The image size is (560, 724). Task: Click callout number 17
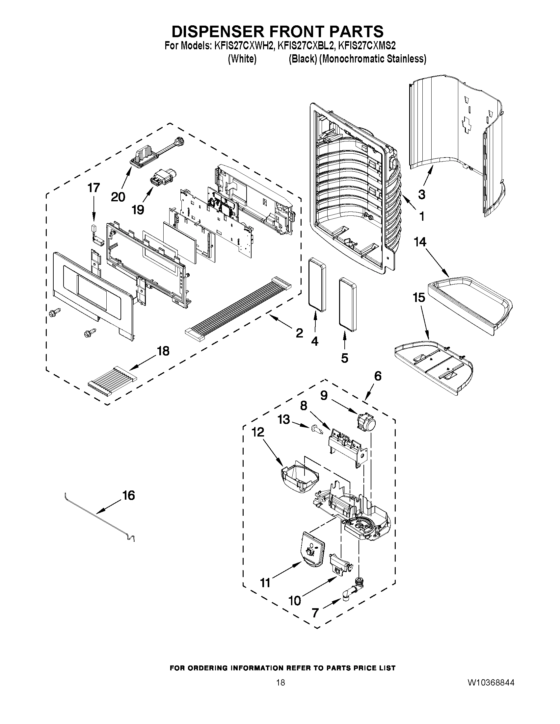(x=93, y=188)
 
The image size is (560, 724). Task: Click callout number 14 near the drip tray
(x=420, y=242)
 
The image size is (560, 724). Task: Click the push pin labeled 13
(x=317, y=430)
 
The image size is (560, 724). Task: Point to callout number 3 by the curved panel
(x=421, y=194)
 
